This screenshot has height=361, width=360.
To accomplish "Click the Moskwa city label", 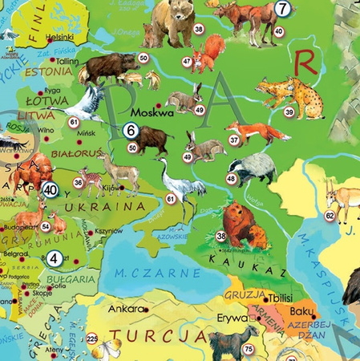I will [152, 113].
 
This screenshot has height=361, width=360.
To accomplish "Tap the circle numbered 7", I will [281, 9].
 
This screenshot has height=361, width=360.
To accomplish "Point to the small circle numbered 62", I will [330, 216].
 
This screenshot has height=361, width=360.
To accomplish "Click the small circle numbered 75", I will [249, 348].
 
